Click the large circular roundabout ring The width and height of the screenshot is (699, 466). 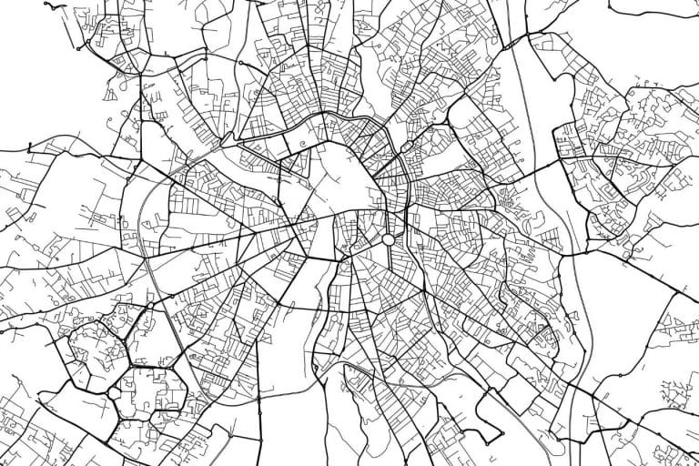(x=389, y=239)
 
